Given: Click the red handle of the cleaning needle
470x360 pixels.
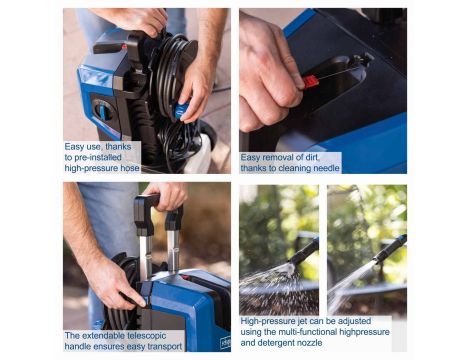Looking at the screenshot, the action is pyautogui.click(x=310, y=81).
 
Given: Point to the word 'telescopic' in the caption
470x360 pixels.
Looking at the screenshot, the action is pyautogui.click(x=145, y=335).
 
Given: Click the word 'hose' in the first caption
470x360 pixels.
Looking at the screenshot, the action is pyautogui.click(x=130, y=168).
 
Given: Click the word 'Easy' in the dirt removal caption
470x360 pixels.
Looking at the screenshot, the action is pyautogui.click(x=251, y=157).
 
